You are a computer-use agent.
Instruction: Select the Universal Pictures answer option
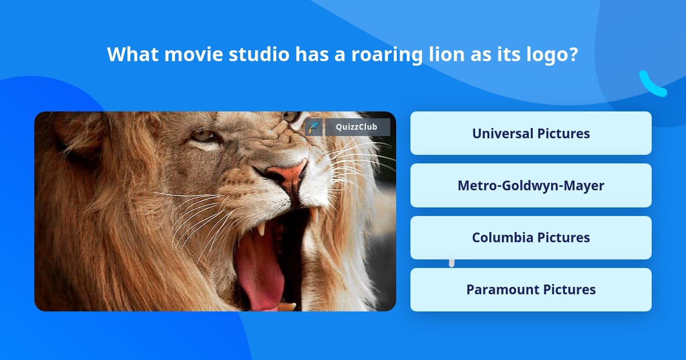tap(531, 133)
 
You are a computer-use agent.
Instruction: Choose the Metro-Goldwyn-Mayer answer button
tap(531, 185)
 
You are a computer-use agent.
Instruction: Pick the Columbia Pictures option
tap(531, 237)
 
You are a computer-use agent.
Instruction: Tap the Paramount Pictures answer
tap(531, 289)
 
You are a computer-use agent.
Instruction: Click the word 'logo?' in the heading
tap(551, 55)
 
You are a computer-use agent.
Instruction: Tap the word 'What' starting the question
tap(132, 55)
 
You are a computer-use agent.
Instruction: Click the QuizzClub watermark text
tap(357, 127)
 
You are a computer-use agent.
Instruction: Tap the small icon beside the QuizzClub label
tap(313, 127)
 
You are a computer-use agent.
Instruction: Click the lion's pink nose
tap(289, 174)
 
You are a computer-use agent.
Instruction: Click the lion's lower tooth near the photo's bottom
tap(286, 306)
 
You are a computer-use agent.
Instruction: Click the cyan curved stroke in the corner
tap(652, 85)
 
